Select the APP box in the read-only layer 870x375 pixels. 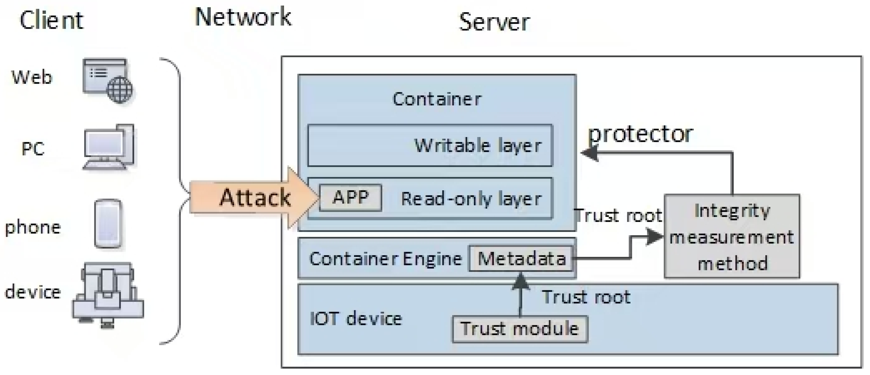351,198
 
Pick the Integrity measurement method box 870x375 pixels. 732,236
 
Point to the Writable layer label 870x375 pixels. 478,146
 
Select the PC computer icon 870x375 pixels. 109,147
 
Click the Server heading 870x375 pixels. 494,22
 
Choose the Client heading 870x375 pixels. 51,20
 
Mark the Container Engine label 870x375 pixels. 385,259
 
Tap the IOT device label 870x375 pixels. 356,318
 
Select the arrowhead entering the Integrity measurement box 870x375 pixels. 654,237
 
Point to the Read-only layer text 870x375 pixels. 471,199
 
